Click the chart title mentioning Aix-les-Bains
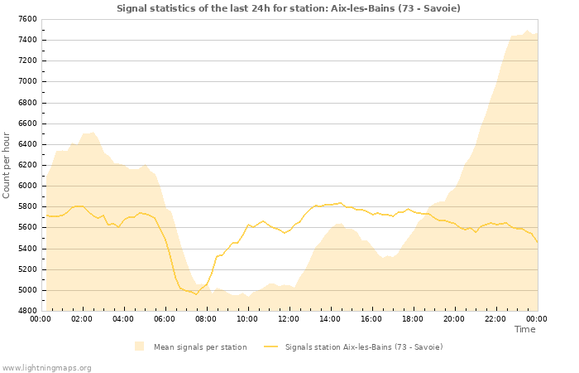click(x=289, y=8)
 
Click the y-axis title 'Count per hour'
click(x=7, y=165)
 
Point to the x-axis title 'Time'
click(x=524, y=329)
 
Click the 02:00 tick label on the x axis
click(x=82, y=318)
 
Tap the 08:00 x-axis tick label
click(x=206, y=318)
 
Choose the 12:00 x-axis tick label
click(x=289, y=318)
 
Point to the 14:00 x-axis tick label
click(x=330, y=318)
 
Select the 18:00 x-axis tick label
click(x=413, y=318)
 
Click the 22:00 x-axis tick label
click(x=495, y=318)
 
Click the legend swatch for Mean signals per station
click(x=139, y=346)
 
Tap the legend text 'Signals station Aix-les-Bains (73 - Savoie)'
click(x=363, y=346)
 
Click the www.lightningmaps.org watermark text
click(x=46, y=367)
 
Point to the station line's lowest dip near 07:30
click(x=196, y=293)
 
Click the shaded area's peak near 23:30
click(x=527, y=31)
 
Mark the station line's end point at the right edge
click(x=537, y=242)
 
